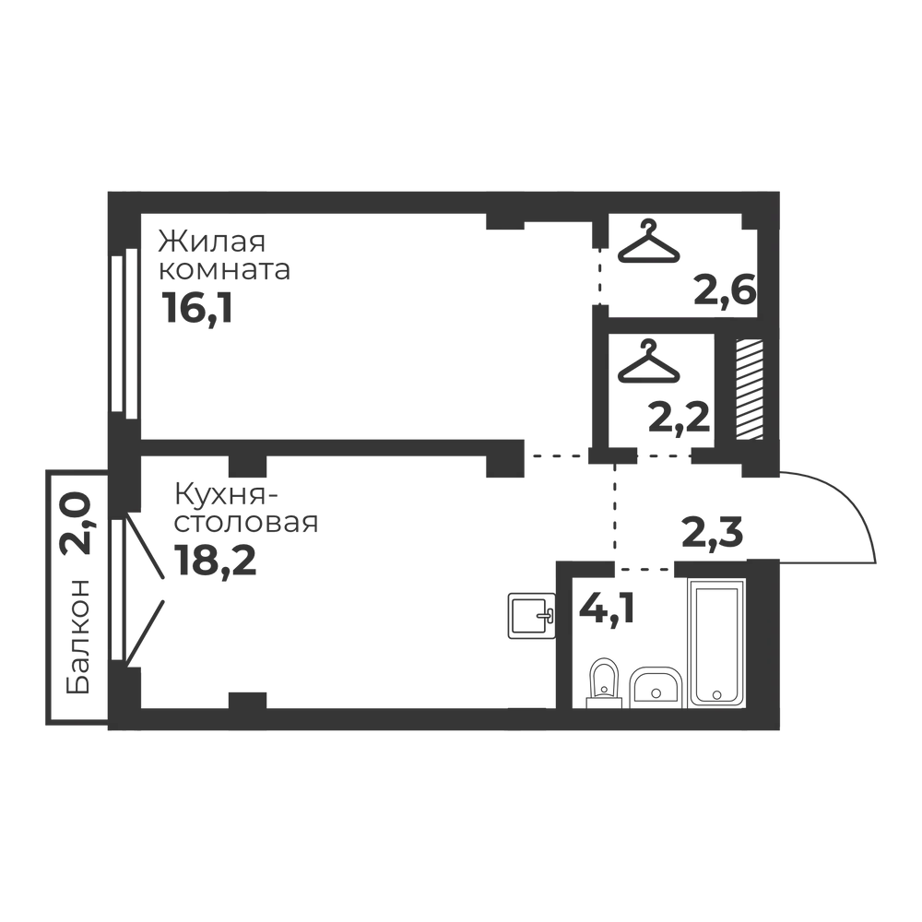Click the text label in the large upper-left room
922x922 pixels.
pyautogui.click(x=221, y=274)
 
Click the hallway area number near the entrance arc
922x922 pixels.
pyautogui.click(x=715, y=532)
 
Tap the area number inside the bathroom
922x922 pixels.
pyautogui.click(x=605, y=610)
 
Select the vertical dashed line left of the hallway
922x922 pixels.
pyautogui.click(x=613, y=512)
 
